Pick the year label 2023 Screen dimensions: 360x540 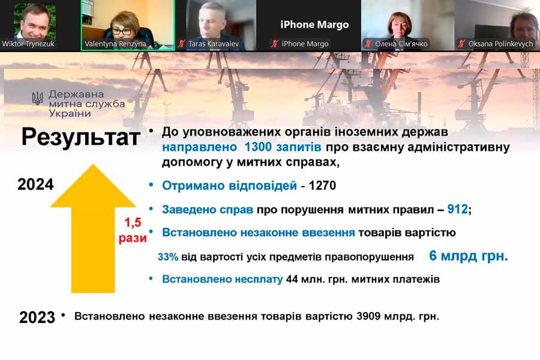(37, 317)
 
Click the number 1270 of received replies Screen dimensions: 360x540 (322, 186)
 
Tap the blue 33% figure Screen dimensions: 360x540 (168, 257)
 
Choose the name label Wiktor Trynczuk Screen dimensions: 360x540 (28, 44)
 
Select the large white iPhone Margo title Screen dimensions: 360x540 (314, 25)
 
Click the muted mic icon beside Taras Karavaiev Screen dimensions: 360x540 (181, 44)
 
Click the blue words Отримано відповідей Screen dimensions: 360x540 (229, 186)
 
